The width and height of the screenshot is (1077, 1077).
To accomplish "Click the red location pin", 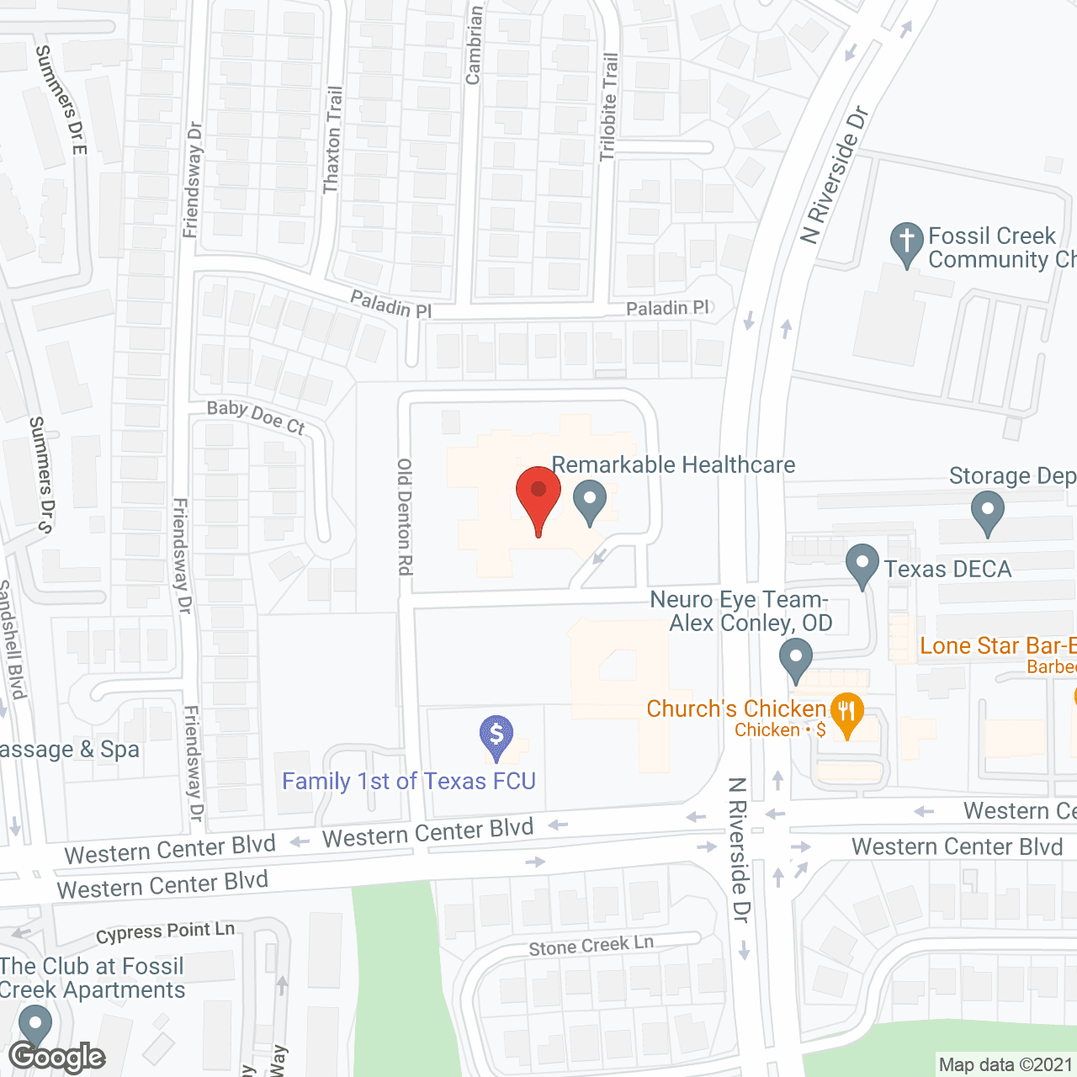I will click(538, 496).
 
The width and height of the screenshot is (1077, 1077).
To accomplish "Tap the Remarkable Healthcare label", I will click(673, 465).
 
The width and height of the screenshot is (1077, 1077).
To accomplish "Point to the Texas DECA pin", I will click(862, 565).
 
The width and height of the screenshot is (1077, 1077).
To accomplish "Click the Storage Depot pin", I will click(987, 512).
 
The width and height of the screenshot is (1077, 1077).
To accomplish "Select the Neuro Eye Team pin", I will click(795, 660).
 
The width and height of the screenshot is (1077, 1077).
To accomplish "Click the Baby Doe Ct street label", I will click(256, 417).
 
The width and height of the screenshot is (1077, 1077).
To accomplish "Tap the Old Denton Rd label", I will click(405, 517).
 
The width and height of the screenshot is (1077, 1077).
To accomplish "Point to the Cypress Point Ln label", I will click(165, 932).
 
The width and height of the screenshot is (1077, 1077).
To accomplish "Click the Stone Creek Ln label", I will click(591, 946).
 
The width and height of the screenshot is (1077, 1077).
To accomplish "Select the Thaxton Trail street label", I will click(333, 140).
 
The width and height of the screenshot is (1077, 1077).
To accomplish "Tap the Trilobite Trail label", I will click(609, 107).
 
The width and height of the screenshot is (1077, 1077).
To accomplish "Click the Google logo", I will click(57, 1057).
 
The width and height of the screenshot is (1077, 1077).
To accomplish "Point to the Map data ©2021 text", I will click(1005, 1065).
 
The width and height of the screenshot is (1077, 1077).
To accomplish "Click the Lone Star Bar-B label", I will click(998, 646).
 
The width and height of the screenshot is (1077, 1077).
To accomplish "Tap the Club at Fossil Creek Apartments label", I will click(92, 978).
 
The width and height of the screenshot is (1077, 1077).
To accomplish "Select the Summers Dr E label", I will click(61, 99).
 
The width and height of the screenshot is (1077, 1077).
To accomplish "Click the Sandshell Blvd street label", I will click(12, 639).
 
